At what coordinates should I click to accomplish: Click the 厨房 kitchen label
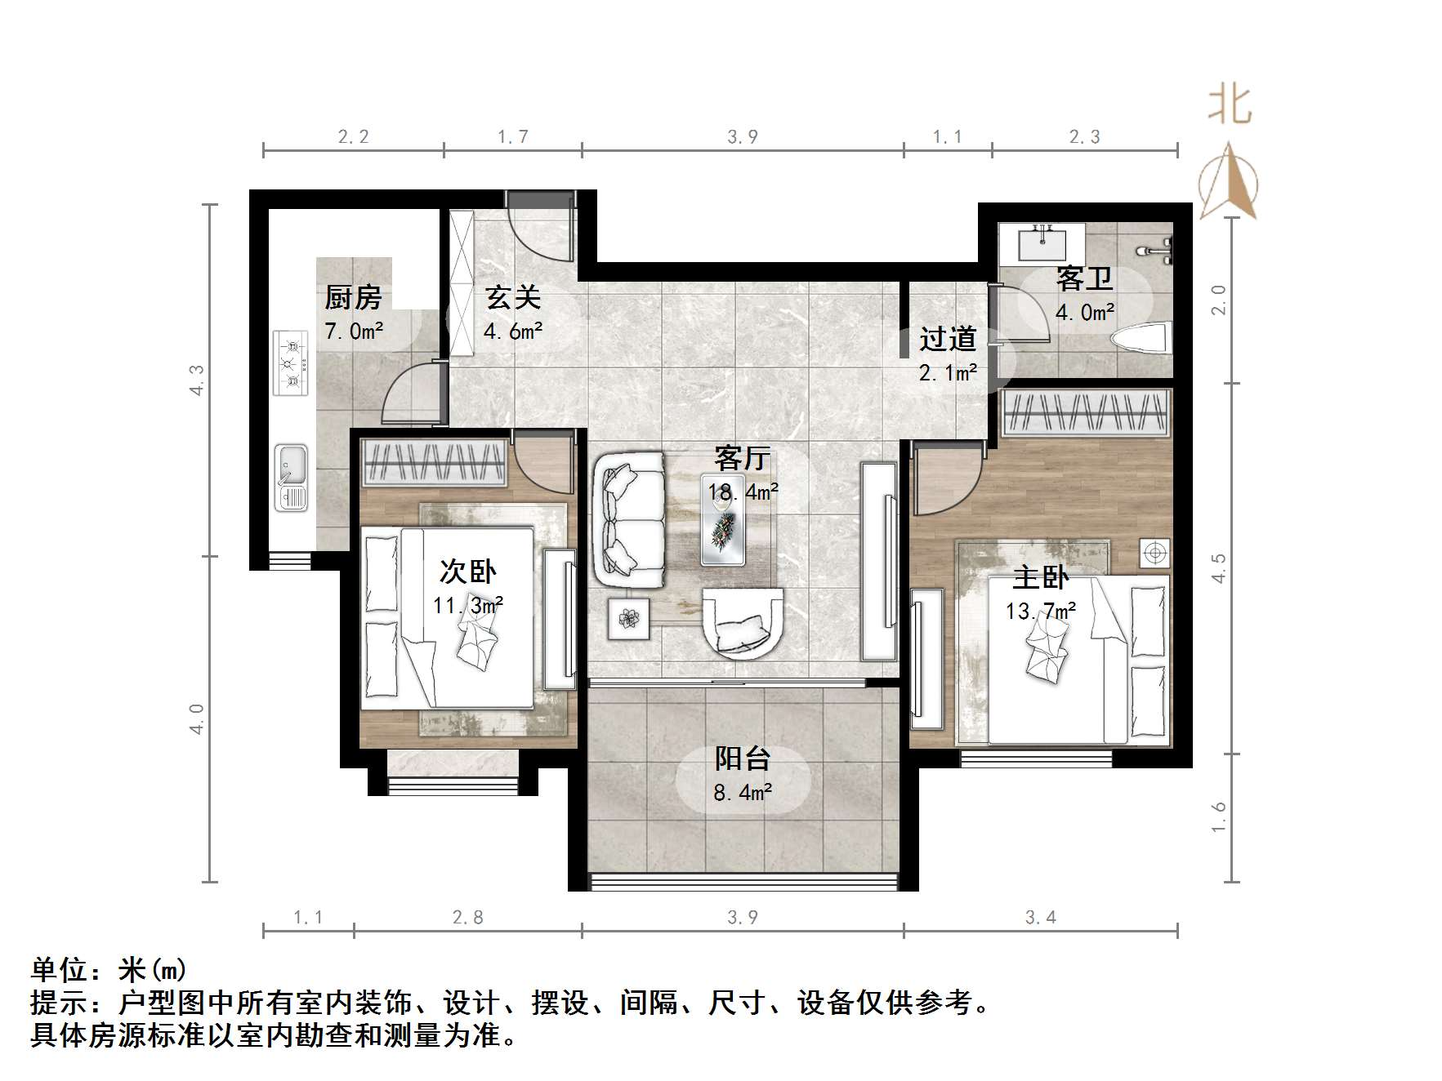(x=353, y=297)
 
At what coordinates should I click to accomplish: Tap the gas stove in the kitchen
(x=291, y=363)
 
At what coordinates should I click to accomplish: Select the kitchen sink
(x=291, y=477)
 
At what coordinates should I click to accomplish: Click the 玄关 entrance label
(x=513, y=297)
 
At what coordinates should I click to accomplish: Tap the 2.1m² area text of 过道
(x=948, y=373)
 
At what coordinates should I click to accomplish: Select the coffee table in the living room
(x=723, y=532)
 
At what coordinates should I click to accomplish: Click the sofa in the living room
(x=629, y=518)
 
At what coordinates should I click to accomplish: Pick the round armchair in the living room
(x=743, y=622)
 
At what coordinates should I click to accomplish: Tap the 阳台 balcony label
(x=743, y=758)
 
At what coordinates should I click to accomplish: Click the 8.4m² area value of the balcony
(x=743, y=792)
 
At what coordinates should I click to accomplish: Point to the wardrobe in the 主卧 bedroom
(x=1084, y=411)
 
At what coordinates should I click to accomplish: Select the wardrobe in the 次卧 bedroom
(x=434, y=461)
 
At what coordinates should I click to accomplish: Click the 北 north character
(x=1230, y=106)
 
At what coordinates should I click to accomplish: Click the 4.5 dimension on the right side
(x=1218, y=567)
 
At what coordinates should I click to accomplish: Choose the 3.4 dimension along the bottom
(x=1040, y=918)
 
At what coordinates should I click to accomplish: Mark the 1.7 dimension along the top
(x=513, y=137)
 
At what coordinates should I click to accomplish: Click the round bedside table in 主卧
(x=1154, y=554)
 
